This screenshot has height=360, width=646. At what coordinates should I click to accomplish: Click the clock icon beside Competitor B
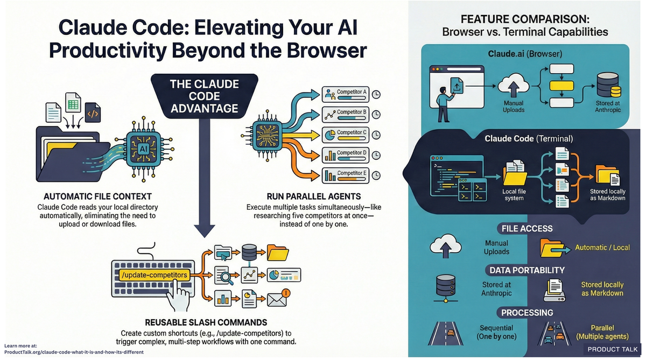377,114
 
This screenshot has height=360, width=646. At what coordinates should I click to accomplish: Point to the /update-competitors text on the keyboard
155,275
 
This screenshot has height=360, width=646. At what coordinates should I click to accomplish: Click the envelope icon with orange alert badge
278,298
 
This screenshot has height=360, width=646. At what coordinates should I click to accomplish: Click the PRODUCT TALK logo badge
613,349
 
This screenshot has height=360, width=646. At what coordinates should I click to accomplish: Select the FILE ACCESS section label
526,229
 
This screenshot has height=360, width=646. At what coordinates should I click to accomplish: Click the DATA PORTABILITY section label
526,270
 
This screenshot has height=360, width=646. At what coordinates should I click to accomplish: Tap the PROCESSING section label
526,313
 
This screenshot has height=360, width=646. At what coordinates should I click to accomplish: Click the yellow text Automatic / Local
602,248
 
